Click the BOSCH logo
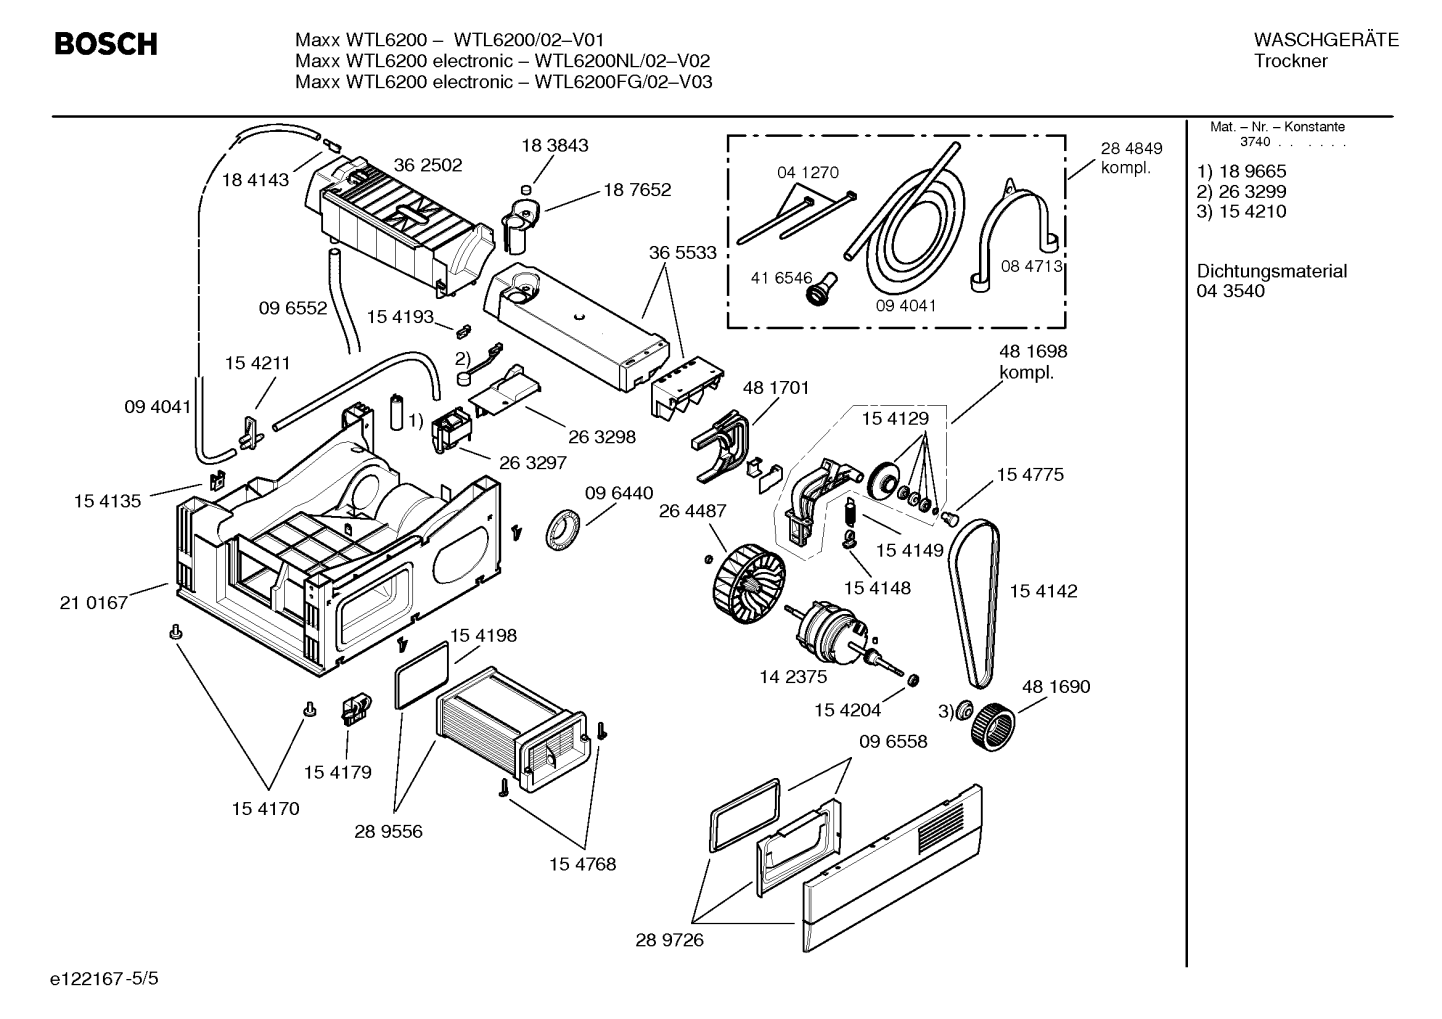click(x=106, y=44)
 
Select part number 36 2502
click(x=428, y=165)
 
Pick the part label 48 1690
click(x=1056, y=686)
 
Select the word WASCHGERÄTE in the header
click(x=1326, y=40)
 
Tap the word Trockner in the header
click(x=1291, y=61)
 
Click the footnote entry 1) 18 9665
click(x=1241, y=171)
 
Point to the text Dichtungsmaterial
click(x=1271, y=271)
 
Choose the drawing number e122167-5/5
click(x=104, y=979)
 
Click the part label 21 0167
click(x=94, y=603)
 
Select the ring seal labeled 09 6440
click(x=563, y=528)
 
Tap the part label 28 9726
click(x=670, y=940)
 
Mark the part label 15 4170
click(x=266, y=809)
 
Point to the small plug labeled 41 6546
click(x=821, y=289)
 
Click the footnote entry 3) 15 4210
click(x=1241, y=211)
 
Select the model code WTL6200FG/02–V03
click(x=624, y=82)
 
